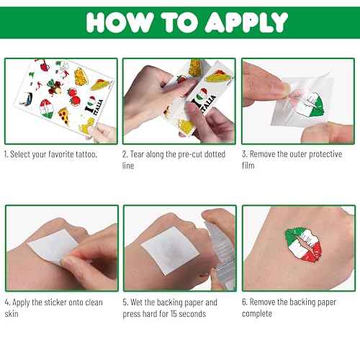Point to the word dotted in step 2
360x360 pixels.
[x=212, y=155]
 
